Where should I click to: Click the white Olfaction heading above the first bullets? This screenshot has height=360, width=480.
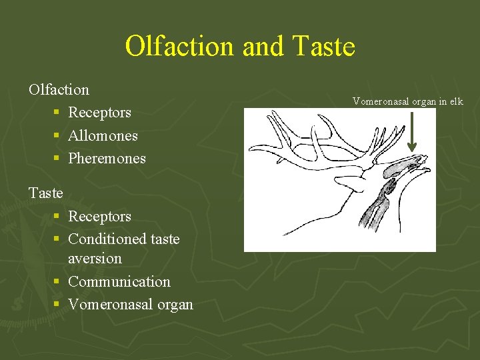pyautogui.click(x=59, y=89)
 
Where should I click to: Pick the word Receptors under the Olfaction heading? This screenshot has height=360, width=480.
pyautogui.click(x=99, y=113)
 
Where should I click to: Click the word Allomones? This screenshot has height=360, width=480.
pyautogui.click(x=103, y=135)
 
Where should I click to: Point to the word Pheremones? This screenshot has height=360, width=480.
pyautogui.click(x=107, y=159)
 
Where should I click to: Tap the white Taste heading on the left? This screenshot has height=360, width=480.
pyautogui.click(x=46, y=193)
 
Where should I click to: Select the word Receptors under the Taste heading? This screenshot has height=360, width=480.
pyautogui.click(x=99, y=217)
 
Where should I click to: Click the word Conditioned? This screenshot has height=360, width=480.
pyautogui.click(x=106, y=239)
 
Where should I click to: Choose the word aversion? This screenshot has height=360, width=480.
pyautogui.click(x=95, y=258)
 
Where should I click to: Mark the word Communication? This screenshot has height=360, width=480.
pyautogui.click(x=119, y=281)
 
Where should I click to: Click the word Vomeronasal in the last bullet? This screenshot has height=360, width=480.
pyautogui.click(x=111, y=305)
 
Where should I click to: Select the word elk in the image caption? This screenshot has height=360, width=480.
pyautogui.click(x=456, y=102)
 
